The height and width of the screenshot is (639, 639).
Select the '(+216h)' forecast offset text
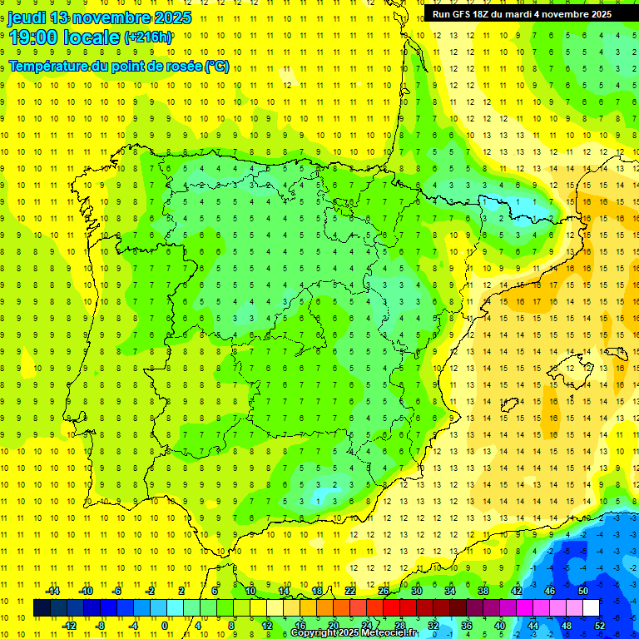tap(148, 37)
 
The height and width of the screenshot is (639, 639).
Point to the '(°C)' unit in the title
tap(216, 67)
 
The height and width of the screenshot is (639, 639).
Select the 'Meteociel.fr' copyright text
tap(390, 633)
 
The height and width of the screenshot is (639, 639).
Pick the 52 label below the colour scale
tap(599, 626)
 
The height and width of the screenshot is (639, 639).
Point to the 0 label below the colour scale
tap(165, 626)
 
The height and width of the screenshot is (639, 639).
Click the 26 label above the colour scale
tap(384, 591)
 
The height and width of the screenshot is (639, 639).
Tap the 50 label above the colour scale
tap(583, 591)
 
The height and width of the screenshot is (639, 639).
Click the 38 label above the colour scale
tap(483, 591)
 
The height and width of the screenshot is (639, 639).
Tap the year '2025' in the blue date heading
tap(167, 17)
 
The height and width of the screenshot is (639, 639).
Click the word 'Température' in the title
tap(49, 67)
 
